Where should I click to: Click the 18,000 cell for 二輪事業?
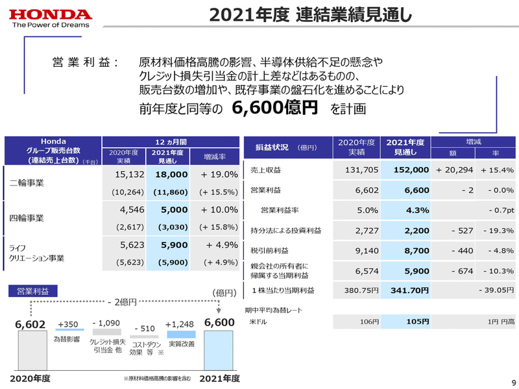[x=171, y=174]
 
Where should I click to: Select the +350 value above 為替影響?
[x=67, y=324]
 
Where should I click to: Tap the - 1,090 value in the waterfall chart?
[x=106, y=323]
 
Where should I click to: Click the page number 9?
[x=511, y=382]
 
